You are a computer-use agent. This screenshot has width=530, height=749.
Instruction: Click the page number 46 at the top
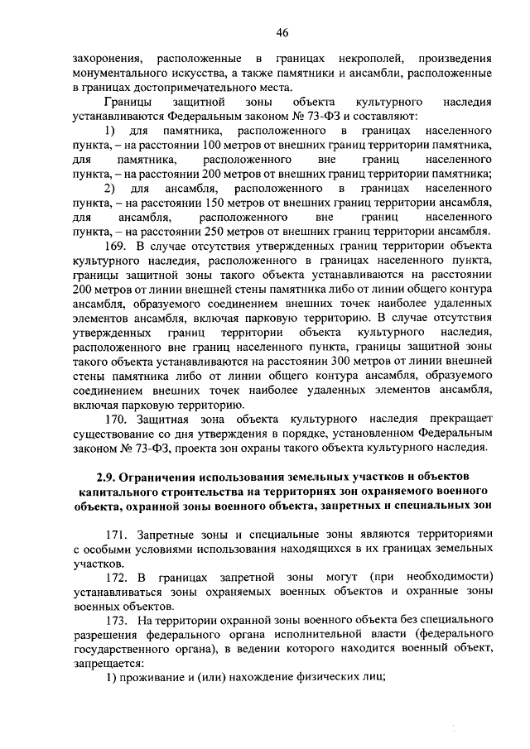click(282, 32)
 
